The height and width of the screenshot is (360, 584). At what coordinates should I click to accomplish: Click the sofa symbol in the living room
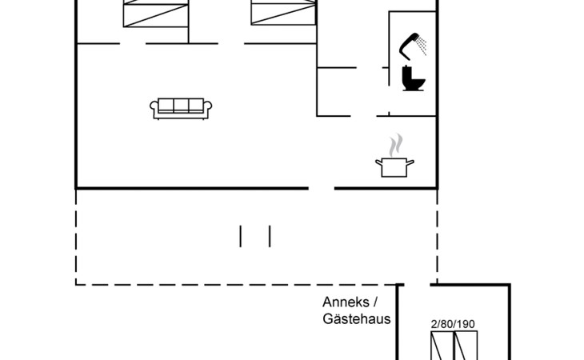[x=181, y=108]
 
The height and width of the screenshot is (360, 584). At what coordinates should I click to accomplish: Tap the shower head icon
[x=409, y=46]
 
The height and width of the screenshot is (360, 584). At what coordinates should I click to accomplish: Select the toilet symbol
[x=414, y=78]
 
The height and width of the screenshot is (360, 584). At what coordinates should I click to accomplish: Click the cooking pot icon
[x=394, y=167]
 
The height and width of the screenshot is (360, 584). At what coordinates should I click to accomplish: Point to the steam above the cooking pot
[x=395, y=145]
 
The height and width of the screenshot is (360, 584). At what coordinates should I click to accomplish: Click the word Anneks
[x=346, y=302]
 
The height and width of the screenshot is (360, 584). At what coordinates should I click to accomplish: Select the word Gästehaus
[x=357, y=318]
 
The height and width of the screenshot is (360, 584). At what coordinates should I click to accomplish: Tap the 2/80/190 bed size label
[x=453, y=324]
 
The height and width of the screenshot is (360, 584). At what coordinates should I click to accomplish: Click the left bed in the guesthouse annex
[x=442, y=346]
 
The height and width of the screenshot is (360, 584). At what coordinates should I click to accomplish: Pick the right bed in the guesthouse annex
[x=466, y=346]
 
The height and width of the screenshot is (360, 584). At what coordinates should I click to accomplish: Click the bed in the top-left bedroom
[x=156, y=14]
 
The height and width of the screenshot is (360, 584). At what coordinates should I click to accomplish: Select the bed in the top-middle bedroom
[x=283, y=13]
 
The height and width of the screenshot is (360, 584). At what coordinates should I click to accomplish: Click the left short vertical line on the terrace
[x=240, y=236]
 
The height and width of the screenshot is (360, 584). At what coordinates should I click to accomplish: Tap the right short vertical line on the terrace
[x=270, y=236]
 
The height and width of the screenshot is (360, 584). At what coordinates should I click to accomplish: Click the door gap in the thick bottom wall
[x=322, y=188]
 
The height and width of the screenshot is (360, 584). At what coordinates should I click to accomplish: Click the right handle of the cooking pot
[x=410, y=162]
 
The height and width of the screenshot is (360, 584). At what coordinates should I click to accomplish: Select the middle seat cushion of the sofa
[x=181, y=106]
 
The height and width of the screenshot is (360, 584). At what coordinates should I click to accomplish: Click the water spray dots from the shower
[x=422, y=46]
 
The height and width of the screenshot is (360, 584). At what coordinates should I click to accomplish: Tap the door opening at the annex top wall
[x=417, y=285]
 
